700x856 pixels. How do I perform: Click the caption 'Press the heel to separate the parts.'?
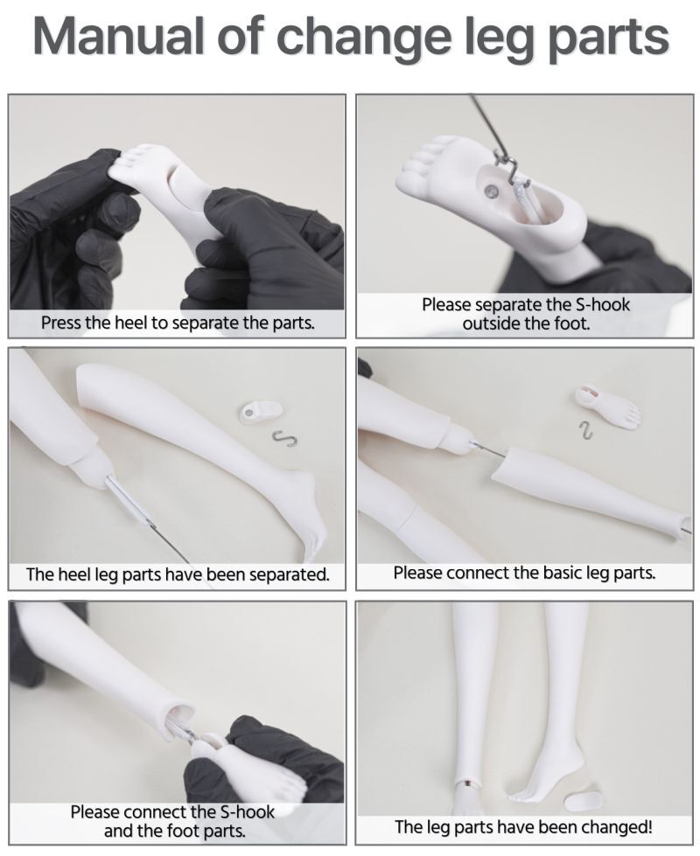click(178, 323)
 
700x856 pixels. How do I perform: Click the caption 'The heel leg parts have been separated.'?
click(178, 574)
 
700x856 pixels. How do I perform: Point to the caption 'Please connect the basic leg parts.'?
click(524, 573)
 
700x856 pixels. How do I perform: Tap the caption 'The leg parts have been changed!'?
click(523, 826)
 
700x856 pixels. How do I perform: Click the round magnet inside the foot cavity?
click(492, 191)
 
